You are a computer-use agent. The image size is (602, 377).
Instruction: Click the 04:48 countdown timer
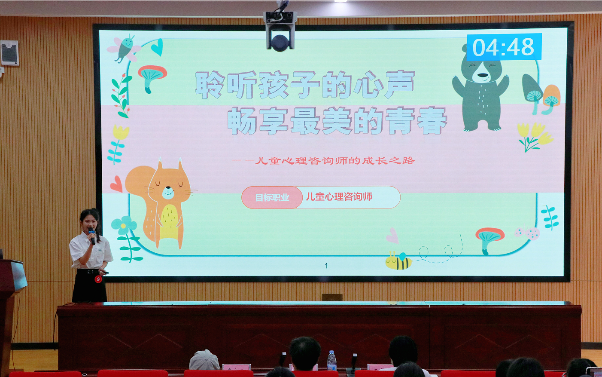coord(504,47)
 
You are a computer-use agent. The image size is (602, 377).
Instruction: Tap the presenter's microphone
coord(92,236)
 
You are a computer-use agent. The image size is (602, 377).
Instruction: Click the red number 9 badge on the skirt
coord(98,279)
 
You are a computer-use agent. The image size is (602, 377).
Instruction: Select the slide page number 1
coord(326,266)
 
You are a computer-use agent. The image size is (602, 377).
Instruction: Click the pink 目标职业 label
coord(272,197)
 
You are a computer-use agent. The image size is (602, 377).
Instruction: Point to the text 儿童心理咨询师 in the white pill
coord(339,197)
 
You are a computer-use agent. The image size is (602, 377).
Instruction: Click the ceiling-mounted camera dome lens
coord(280,43)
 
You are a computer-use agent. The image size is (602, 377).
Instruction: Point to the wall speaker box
coord(10,53)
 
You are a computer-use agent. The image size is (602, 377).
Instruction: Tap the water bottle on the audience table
coord(331,360)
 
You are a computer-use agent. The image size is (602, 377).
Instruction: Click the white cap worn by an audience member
coord(204,360)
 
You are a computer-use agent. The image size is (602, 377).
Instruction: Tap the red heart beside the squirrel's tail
coord(116,184)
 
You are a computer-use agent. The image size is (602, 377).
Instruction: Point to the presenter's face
coord(90,222)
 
